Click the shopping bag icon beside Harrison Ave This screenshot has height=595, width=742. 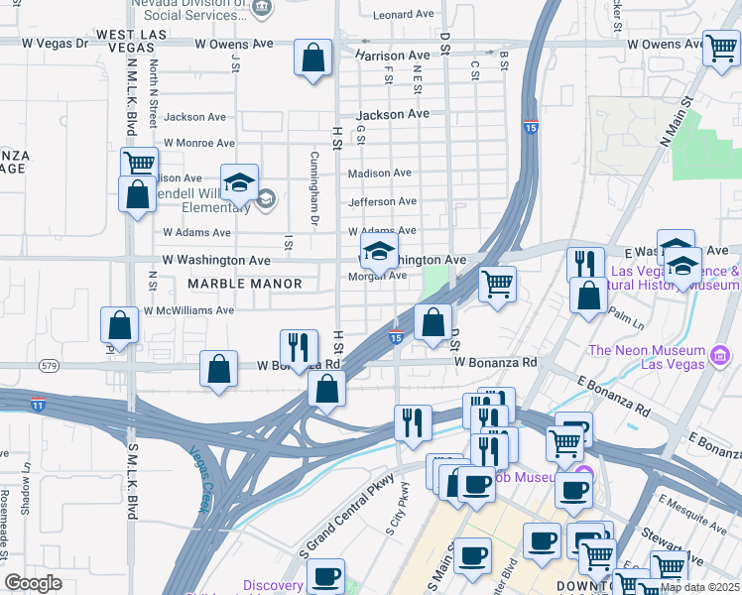click(x=312, y=58)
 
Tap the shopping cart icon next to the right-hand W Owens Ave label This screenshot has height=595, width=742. click(x=720, y=49)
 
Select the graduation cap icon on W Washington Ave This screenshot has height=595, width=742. click(x=378, y=253)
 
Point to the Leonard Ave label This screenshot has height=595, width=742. click(x=405, y=15)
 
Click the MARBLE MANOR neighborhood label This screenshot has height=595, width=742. click(x=244, y=284)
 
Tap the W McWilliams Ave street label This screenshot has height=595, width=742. click(x=188, y=310)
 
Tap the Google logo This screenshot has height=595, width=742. click(x=34, y=583)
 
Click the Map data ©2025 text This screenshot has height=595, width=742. click(x=698, y=587)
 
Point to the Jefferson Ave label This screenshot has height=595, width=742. click(x=382, y=202)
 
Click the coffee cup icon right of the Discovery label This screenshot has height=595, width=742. click(x=325, y=576)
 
